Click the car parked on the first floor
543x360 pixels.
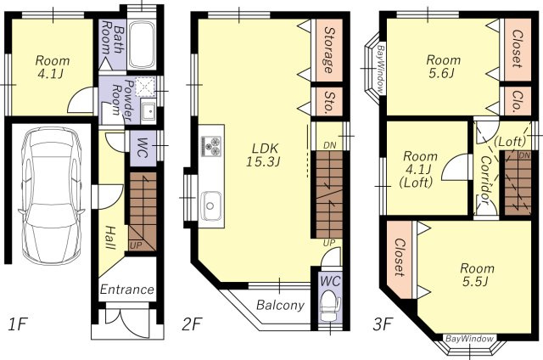coord(51,196)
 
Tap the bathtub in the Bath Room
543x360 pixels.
coord(142,45)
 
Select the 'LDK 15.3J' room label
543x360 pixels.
coord(264,155)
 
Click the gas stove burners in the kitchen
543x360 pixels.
coord(211,146)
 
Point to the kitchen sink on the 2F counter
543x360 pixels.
coord(211,206)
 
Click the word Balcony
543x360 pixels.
coord(280,306)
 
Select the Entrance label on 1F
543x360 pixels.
coord(126,290)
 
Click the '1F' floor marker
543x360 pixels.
coord(17,325)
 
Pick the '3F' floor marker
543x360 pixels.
coord(383,325)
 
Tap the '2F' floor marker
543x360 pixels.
coord(192,325)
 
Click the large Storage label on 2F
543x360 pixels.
coord(329,50)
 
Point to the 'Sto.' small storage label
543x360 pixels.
coord(329,102)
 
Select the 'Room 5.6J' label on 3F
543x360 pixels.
coord(443,66)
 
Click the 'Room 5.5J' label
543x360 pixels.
coord(477,274)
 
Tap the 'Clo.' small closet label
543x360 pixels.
coord(518,101)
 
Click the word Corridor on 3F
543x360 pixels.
coord(485,180)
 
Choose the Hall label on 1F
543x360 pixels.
coord(110,238)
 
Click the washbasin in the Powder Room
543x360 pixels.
coord(148,111)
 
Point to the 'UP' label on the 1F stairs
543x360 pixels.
coord(136,245)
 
